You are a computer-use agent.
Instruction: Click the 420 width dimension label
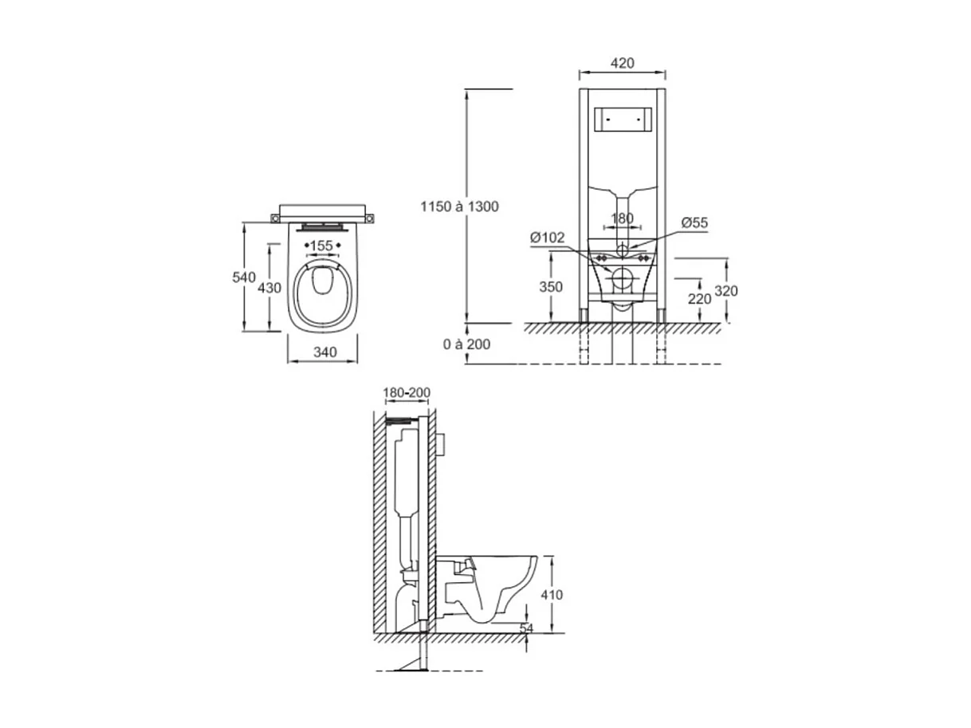pos(622,63)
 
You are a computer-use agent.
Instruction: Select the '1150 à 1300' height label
pos(460,207)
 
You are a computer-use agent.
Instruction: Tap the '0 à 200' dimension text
pos(466,344)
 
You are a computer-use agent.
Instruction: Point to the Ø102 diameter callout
pos(547,237)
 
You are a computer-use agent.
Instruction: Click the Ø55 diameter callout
pos(694,223)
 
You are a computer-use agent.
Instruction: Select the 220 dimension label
pos(699,299)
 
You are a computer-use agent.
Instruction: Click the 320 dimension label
pos(725,292)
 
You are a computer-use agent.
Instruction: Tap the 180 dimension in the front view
pos(622,218)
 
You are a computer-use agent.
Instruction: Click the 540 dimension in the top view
pos(244,277)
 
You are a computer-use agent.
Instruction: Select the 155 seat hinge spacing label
pos(321,246)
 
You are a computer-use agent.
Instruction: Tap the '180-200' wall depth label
pos(407,393)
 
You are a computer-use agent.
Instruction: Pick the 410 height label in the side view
pos(551,595)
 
